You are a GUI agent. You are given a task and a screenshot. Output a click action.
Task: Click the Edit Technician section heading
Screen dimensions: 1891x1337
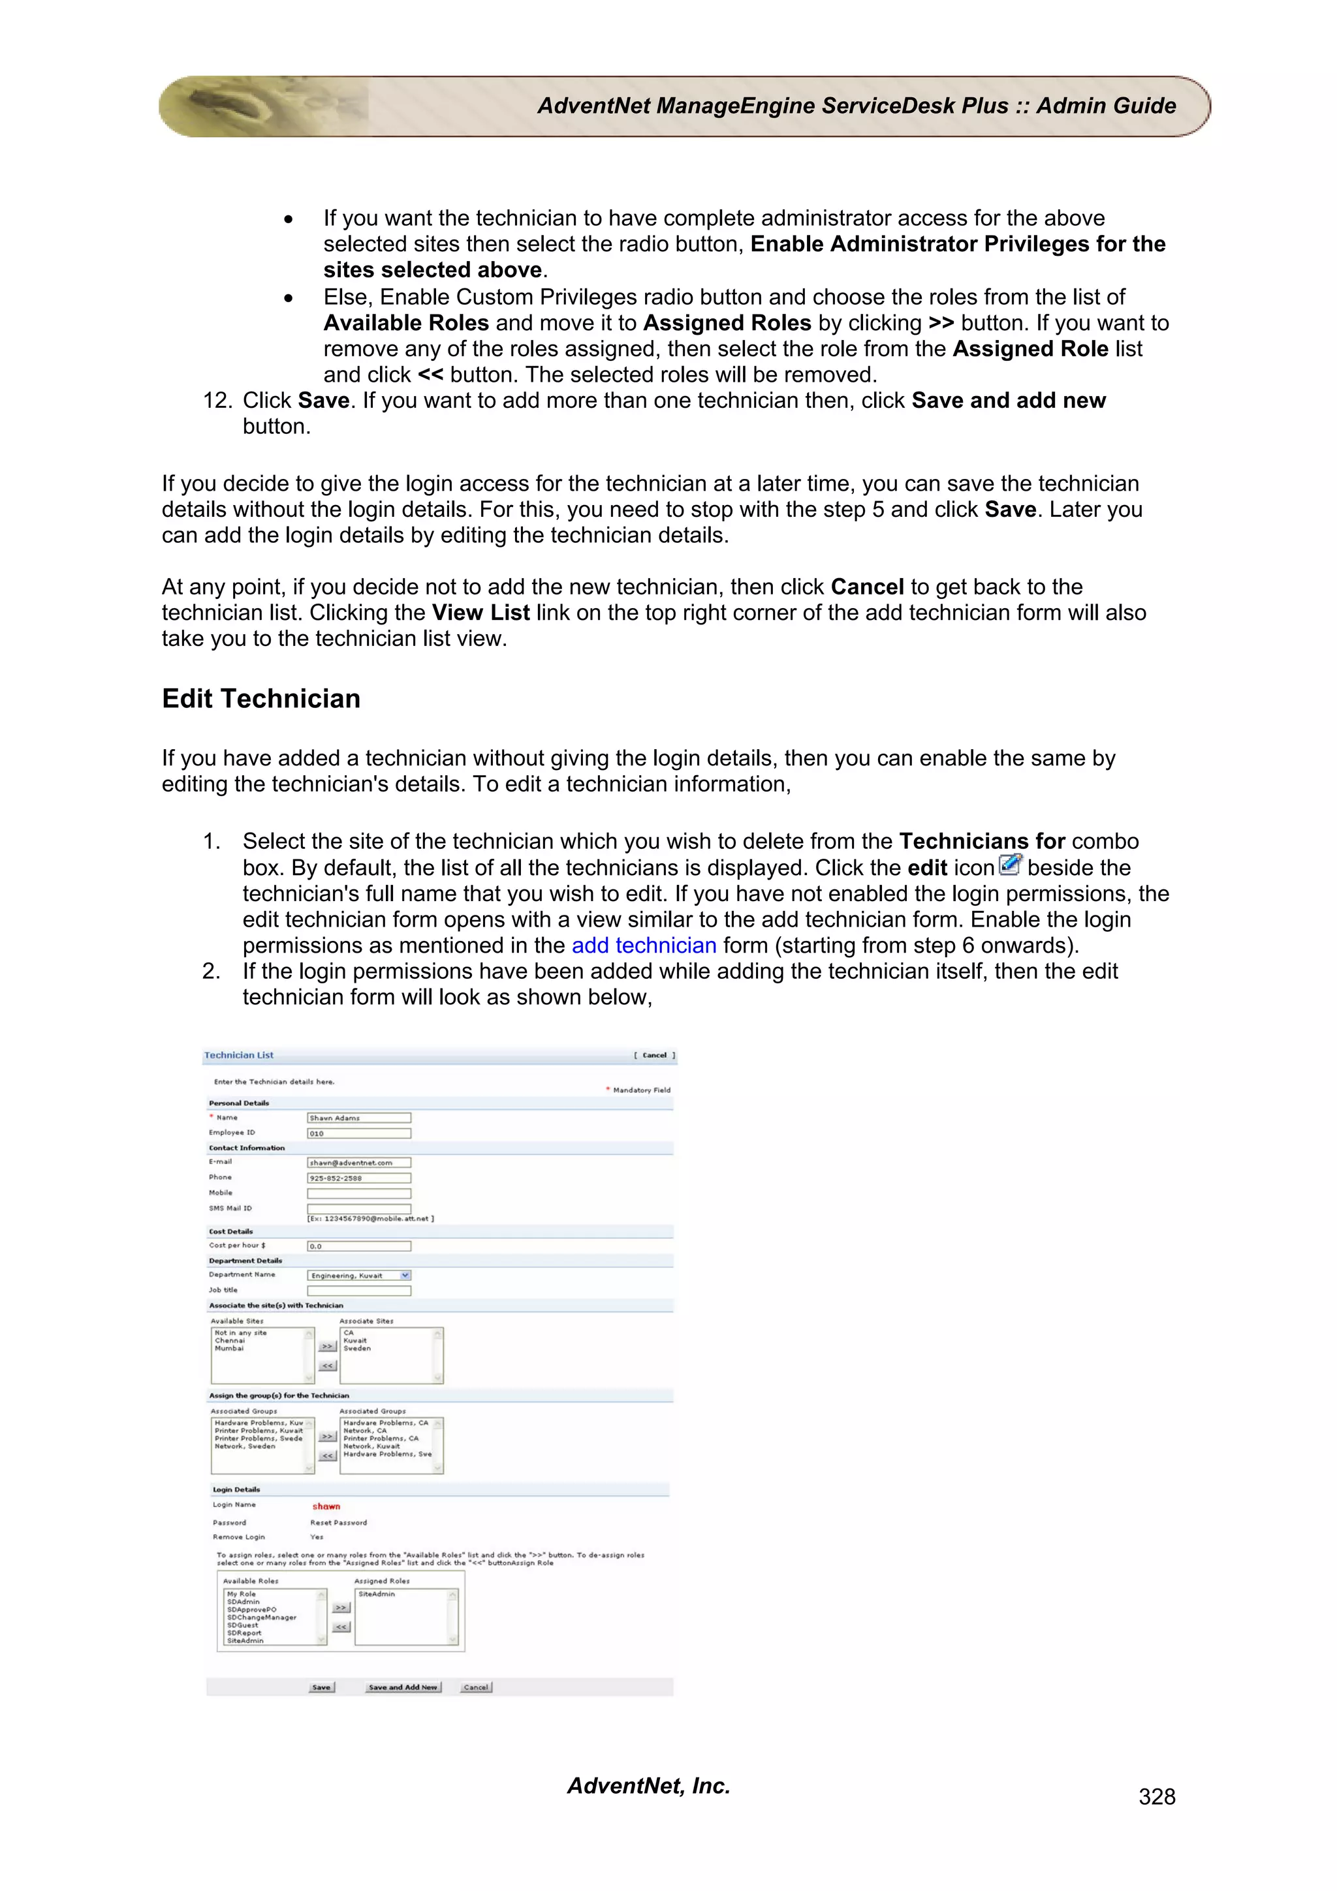click(x=260, y=698)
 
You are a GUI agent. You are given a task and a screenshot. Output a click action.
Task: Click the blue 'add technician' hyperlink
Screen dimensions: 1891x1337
click(x=644, y=945)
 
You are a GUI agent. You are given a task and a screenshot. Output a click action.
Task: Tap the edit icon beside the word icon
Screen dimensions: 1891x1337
click(x=1010, y=865)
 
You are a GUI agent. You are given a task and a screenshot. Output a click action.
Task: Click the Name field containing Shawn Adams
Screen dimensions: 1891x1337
click(x=358, y=1118)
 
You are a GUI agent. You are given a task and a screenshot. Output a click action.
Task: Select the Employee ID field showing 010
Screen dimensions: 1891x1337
click(x=358, y=1133)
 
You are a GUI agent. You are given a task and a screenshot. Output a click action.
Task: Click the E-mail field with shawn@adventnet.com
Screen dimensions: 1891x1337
click(x=358, y=1162)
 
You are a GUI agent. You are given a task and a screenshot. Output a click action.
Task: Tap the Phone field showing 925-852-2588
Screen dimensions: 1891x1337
click(x=358, y=1178)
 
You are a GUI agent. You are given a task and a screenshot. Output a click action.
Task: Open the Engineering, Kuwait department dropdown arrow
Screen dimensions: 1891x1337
click(x=405, y=1275)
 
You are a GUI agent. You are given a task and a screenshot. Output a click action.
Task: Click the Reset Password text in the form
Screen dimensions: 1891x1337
click(x=339, y=1523)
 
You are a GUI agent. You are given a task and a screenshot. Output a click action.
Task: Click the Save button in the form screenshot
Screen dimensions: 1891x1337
click(x=321, y=1687)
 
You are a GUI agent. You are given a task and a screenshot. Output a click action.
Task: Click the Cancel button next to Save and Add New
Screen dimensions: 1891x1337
click(x=475, y=1687)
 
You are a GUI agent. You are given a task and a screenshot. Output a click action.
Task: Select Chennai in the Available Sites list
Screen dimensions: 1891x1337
click(x=230, y=1340)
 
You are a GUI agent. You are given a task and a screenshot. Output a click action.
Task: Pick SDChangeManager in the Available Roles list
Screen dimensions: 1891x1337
click(x=261, y=1618)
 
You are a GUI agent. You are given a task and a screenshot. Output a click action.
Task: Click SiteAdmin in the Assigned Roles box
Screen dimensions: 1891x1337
click(x=377, y=1593)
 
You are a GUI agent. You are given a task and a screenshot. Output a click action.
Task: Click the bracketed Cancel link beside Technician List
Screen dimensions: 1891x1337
click(x=654, y=1055)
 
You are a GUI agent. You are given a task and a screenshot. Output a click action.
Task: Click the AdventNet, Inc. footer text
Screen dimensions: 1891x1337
click(x=648, y=1785)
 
